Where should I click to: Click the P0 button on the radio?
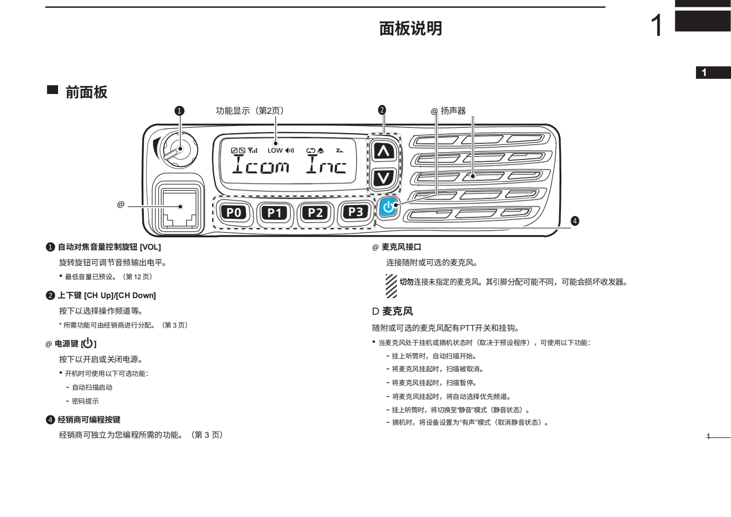[x=234, y=212]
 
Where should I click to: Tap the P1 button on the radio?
[x=274, y=212]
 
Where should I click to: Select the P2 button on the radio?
[x=315, y=212]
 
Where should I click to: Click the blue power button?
[x=389, y=207]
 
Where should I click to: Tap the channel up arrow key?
[x=383, y=151]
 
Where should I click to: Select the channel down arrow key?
[x=383, y=177]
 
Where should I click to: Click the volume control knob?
[x=179, y=149]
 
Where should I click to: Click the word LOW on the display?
[x=275, y=150]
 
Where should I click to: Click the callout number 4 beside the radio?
[x=575, y=221]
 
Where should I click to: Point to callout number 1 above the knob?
[x=179, y=111]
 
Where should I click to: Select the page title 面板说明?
[x=410, y=29]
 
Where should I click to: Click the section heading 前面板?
[x=86, y=92]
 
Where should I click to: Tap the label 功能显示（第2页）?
[x=249, y=111]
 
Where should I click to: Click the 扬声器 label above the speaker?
[x=453, y=111]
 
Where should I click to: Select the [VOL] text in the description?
[x=150, y=247]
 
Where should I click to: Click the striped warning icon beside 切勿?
[x=391, y=286]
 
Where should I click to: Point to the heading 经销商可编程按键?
[x=88, y=419]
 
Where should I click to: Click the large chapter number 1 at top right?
[x=656, y=25]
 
